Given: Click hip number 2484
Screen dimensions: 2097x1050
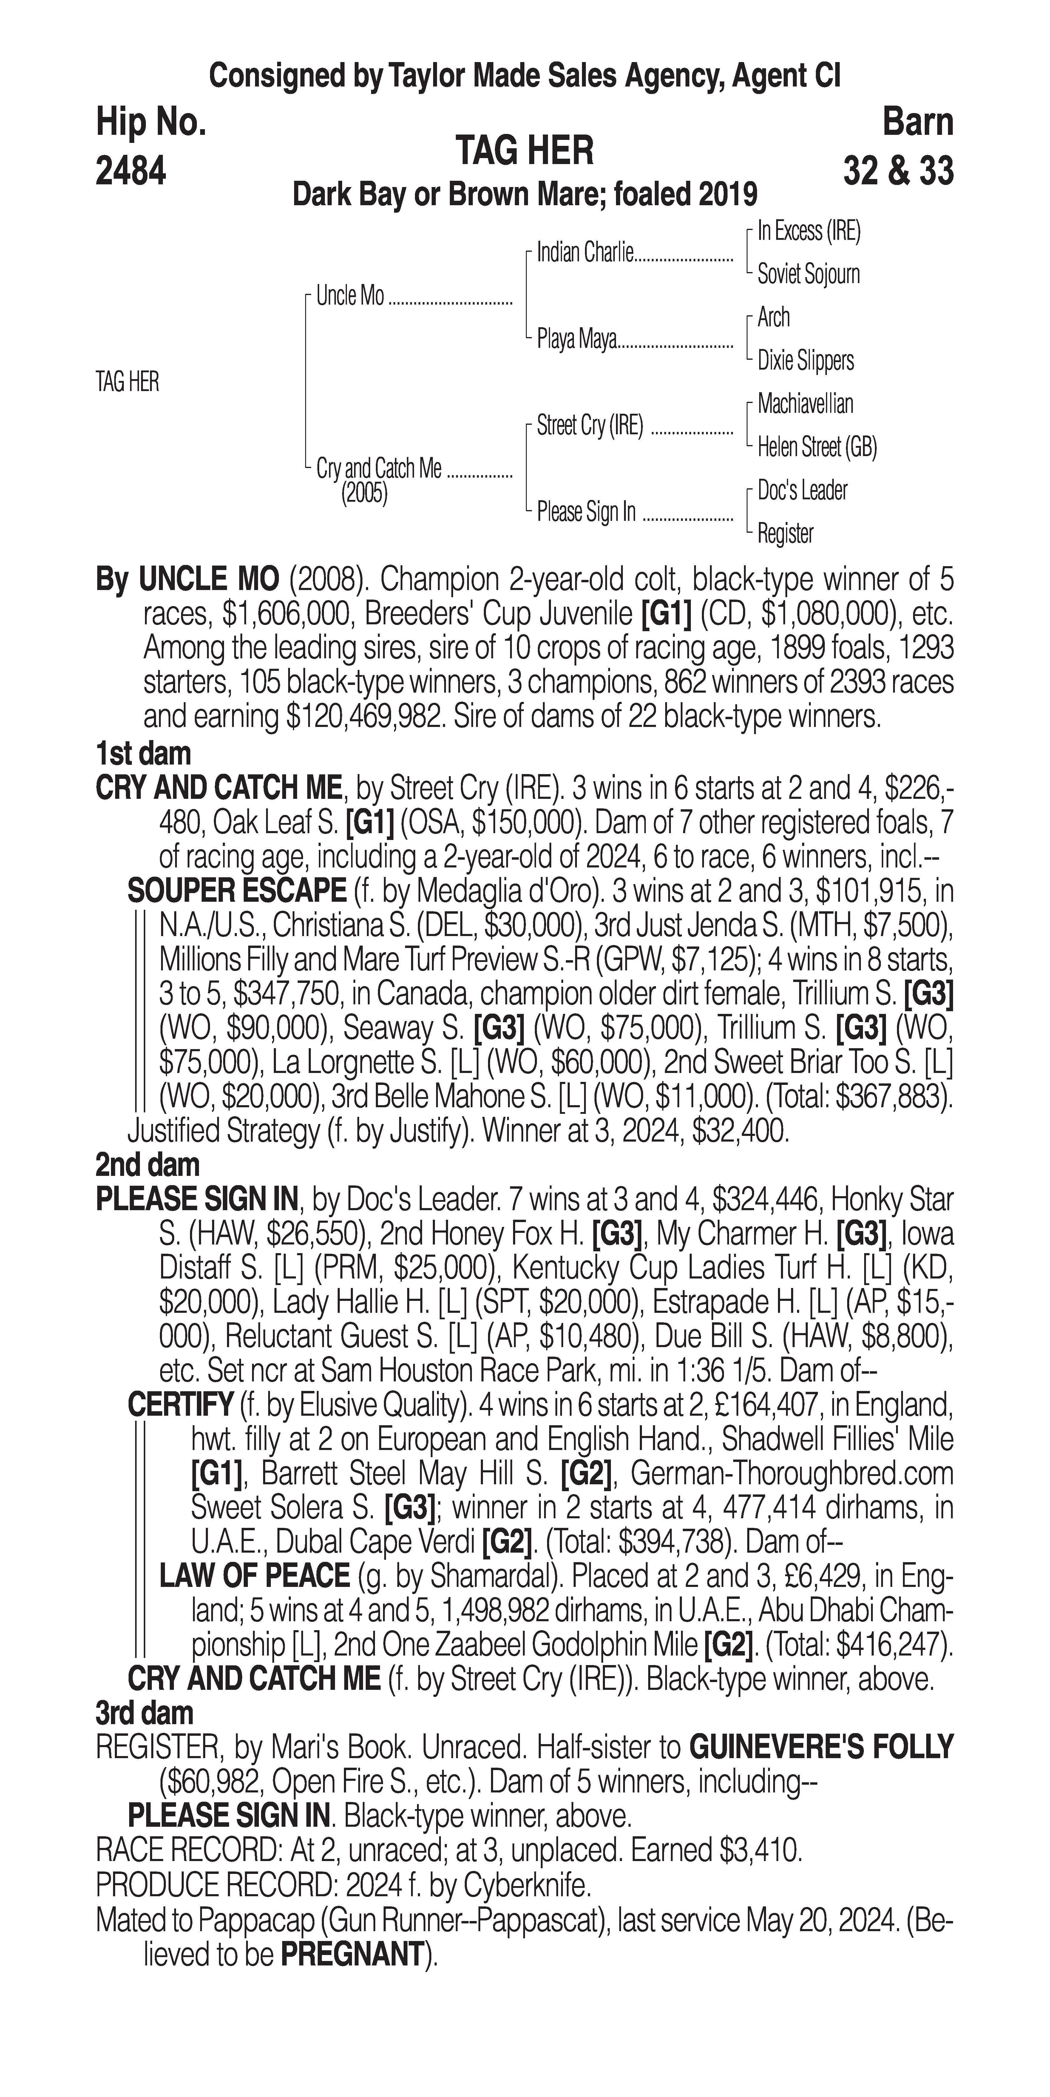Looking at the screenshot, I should coord(131,172).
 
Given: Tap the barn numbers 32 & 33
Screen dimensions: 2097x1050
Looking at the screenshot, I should coord(898,172).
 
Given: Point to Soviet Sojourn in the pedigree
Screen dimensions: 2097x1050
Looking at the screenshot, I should coord(808,274).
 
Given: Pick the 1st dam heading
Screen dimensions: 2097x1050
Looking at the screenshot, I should coord(143,754).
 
